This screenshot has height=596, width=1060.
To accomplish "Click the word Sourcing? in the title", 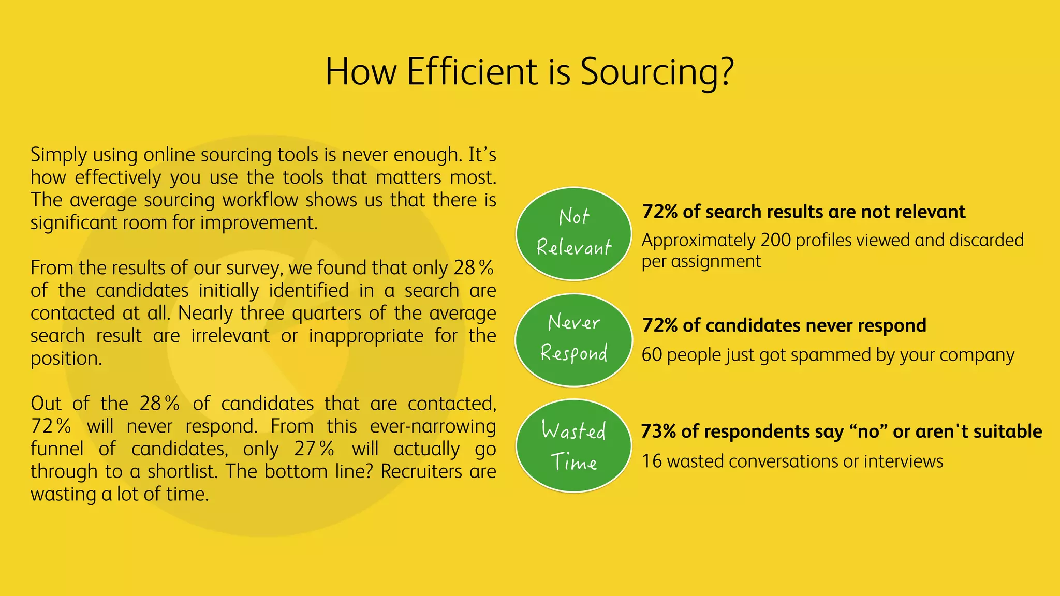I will pos(656,71).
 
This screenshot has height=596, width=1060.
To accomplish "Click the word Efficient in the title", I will pos(472,71).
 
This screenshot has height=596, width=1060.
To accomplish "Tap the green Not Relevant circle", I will pos(573,233).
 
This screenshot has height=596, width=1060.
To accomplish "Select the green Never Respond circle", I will pos(573,340).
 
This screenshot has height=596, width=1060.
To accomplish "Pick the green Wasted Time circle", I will pos(573,446).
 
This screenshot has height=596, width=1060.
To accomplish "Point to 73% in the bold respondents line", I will pos(658,431).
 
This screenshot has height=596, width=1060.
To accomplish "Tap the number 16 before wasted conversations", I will pos(652,461).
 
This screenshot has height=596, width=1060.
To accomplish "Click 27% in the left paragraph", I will pos(314,449).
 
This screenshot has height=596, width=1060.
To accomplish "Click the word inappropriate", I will pos(366,336).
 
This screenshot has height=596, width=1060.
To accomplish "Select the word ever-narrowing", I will pos(433,426).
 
